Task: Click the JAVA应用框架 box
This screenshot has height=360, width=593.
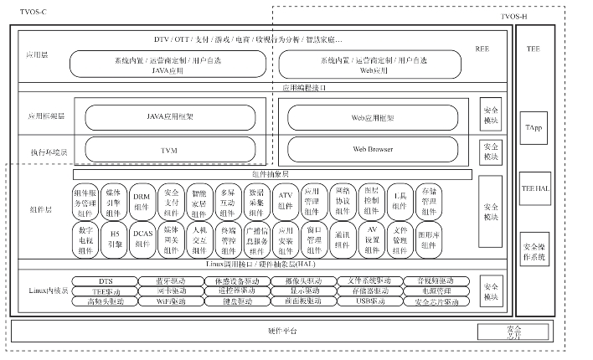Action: tap(166, 117)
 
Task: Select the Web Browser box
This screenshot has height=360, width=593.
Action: tap(373, 149)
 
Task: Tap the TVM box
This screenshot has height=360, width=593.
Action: tap(166, 150)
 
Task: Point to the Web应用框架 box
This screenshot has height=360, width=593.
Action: tap(373, 117)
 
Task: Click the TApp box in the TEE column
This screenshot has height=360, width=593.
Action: tap(534, 127)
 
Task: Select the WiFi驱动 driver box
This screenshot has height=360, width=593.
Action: tap(171, 301)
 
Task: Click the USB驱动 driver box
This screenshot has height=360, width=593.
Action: tap(368, 301)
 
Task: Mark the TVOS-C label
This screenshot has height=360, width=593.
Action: tap(23, 8)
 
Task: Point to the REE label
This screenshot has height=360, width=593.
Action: tap(482, 50)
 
